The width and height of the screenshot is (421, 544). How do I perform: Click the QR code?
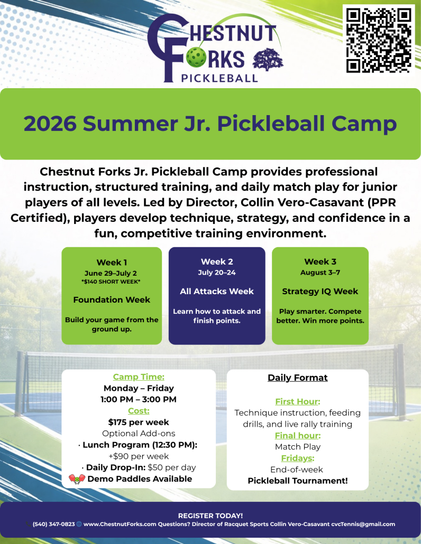(x=379, y=40)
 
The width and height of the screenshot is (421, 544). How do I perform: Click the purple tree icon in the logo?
(x=268, y=60)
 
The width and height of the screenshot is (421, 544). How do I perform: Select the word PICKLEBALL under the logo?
(x=219, y=78)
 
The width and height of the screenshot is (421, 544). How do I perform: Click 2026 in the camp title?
(x=50, y=124)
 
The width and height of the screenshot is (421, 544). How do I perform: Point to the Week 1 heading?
(x=112, y=262)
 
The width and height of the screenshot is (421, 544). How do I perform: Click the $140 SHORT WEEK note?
(x=112, y=282)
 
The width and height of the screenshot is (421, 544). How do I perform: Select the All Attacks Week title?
(x=217, y=291)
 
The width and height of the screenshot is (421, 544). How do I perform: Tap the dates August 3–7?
(x=320, y=273)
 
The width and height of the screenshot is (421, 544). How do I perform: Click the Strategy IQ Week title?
(x=320, y=291)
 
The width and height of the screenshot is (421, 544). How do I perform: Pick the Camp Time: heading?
(x=139, y=377)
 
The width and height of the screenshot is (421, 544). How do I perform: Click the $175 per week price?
(x=139, y=422)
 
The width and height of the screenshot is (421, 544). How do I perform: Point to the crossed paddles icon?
(x=77, y=479)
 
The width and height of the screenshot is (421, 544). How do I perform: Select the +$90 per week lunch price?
(x=139, y=456)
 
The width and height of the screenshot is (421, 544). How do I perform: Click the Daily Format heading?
(x=298, y=378)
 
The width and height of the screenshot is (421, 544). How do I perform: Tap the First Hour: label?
(x=298, y=401)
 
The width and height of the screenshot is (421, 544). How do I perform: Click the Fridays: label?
(x=298, y=458)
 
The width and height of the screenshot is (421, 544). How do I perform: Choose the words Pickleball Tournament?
(x=298, y=481)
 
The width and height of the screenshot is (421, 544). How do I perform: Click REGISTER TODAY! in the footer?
(x=211, y=516)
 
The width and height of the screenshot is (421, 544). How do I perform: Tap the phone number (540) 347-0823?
(x=53, y=524)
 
